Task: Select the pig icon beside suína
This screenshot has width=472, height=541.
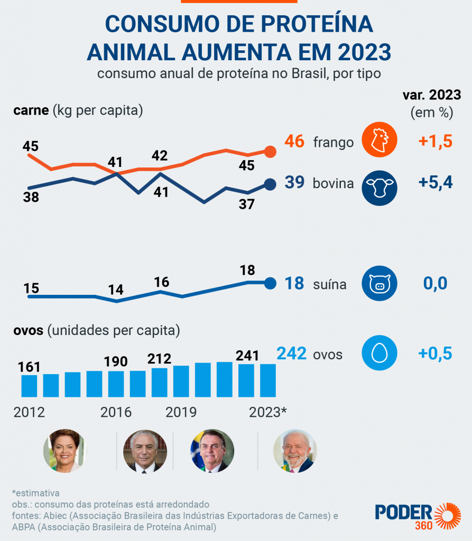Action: tap(379, 284)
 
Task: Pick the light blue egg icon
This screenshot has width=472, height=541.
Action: tap(379, 354)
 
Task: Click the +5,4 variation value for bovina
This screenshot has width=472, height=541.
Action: tap(436, 182)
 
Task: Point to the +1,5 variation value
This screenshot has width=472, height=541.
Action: tap(436, 142)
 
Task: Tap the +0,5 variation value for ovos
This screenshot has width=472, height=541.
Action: tap(435, 353)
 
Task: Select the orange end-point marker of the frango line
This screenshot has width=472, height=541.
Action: tap(270, 152)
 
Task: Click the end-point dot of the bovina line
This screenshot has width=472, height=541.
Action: tap(270, 184)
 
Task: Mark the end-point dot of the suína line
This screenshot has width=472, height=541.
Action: tap(270, 283)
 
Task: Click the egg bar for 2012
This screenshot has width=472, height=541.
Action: tap(29, 386)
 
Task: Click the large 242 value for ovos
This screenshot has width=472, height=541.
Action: tap(291, 353)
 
